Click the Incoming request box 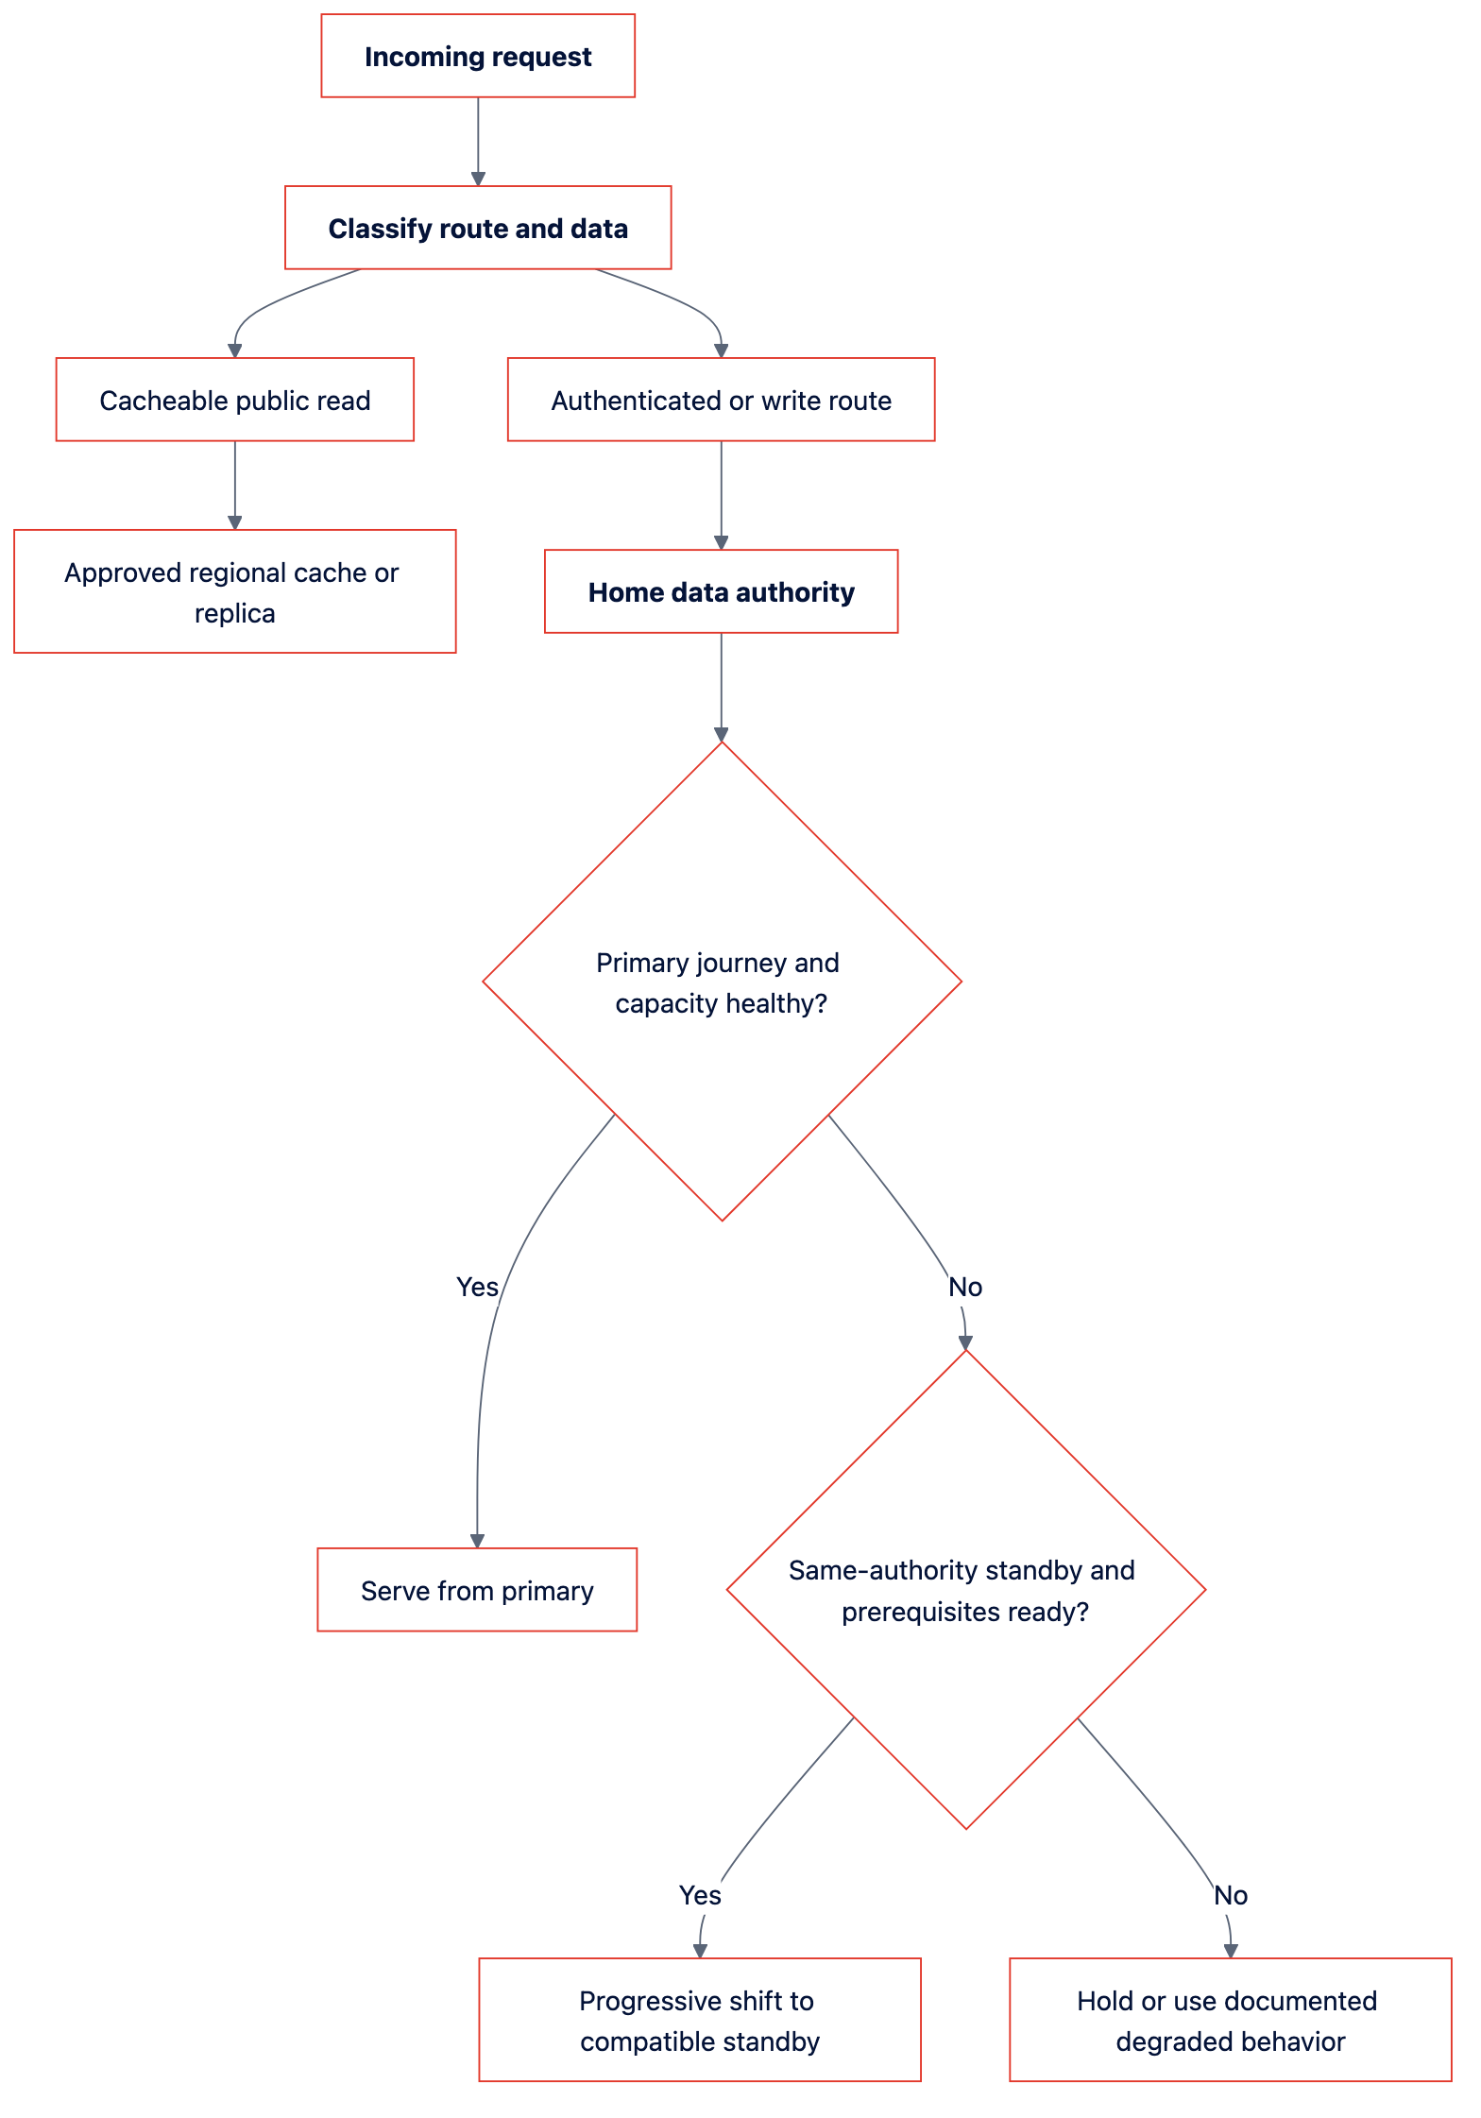pyautogui.click(x=478, y=56)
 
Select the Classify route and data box pyautogui.click(x=478, y=228)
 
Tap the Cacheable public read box pyautogui.click(x=235, y=400)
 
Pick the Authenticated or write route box pyautogui.click(x=722, y=400)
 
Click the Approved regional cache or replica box pyautogui.click(x=235, y=591)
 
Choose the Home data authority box pyautogui.click(x=722, y=591)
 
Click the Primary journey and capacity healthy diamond pyautogui.click(x=722, y=982)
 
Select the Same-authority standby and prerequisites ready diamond pyautogui.click(x=966, y=1590)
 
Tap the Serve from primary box pyautogui.click(x=477, y=1590)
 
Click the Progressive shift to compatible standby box pyautogui.click(x=700, y=2020)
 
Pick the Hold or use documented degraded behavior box pyautogui.click(x=1231, y=2020)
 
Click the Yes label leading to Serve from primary pyautogui.click(x=477, y=1287)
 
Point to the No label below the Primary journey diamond pyautogui.click(x=965, y=1287)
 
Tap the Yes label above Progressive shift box pyautogui.click(x=700, y=1895)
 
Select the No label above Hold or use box pyautogui.click(x=1231, y=1895)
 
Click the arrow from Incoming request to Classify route pyautogui.click(x=478, y=142)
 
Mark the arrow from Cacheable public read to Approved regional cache pyautogui.click(x=235, y=486)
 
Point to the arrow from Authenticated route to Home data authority pyautogui.click(x=722, y=495)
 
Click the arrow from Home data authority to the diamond pyautogui.click(x=722, y=688)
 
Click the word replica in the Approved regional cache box pyautogui.click(x=235, y=613)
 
